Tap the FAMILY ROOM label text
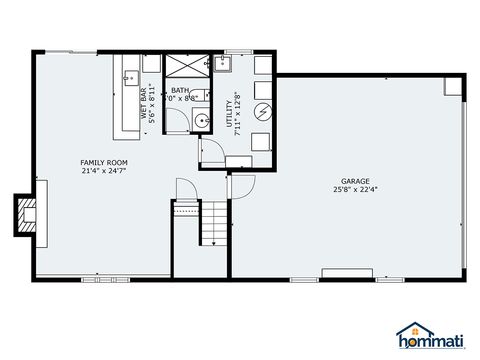pos(103,162)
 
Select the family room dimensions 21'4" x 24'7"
pos(103,171)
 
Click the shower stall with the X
pos(185,65)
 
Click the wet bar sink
pos(131,75)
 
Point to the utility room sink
pos(223,66)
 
